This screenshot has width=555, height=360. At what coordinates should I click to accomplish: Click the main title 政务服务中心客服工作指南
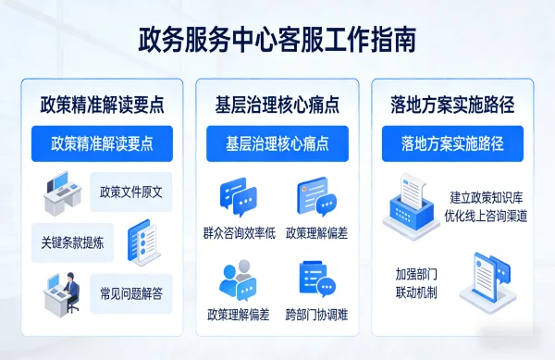(277, 40)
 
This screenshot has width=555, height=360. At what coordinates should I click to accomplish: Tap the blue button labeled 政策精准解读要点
(102, 143)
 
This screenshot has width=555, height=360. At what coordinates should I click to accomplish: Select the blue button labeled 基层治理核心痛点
(277, 143)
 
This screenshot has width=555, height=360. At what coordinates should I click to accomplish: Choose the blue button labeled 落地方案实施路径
(452, 143)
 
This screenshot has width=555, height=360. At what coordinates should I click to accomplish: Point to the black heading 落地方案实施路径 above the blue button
(452, 104)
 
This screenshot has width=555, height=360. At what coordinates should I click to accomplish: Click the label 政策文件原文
(131, 192)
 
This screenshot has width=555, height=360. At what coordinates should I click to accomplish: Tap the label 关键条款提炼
(72, 243)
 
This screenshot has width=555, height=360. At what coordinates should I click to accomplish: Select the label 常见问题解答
(131, 294)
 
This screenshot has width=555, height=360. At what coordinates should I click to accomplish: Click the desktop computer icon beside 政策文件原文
(65, 194)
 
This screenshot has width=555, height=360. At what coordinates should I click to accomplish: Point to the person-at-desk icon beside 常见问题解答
(64, 293)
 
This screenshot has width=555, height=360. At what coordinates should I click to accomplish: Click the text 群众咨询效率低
(239, 232)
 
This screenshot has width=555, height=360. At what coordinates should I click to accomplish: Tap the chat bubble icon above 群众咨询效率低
(238, 197)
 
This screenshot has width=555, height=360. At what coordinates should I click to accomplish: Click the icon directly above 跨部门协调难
(316, 279)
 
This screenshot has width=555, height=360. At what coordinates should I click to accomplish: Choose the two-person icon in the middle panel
(237, 280)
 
